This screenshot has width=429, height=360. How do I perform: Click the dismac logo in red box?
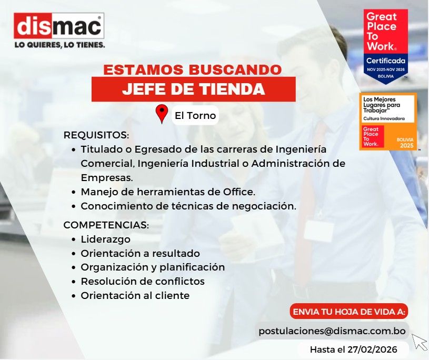click(59, 26)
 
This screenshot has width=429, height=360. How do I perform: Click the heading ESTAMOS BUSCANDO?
click(192, 69)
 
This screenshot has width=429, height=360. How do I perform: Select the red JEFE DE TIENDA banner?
click(193, 89)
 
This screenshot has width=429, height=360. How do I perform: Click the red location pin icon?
click(162, 114)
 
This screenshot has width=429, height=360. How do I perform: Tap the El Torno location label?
click(195, 115)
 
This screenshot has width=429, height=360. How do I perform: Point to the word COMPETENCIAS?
click(106, 225)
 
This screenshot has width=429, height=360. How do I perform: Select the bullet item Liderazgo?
click(105, 239)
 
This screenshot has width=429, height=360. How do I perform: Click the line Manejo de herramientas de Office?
click(167, 192)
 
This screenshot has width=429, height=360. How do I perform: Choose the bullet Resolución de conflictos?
click(142, 281)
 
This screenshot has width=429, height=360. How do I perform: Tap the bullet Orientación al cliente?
click(135, 295)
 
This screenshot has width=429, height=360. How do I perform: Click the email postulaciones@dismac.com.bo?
click(332, 331)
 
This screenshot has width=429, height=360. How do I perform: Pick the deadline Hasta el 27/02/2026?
click(352, 348)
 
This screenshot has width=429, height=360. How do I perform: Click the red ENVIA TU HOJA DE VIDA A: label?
click(349, 312)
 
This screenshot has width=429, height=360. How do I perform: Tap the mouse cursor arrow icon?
click(420, 342)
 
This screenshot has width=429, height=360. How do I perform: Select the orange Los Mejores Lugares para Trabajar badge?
click(388, 122)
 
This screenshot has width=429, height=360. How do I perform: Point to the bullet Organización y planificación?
click(153, 267)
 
